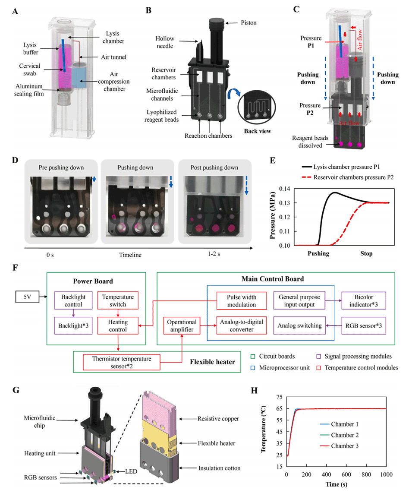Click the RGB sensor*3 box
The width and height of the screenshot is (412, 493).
361,326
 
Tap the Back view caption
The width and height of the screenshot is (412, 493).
257,131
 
